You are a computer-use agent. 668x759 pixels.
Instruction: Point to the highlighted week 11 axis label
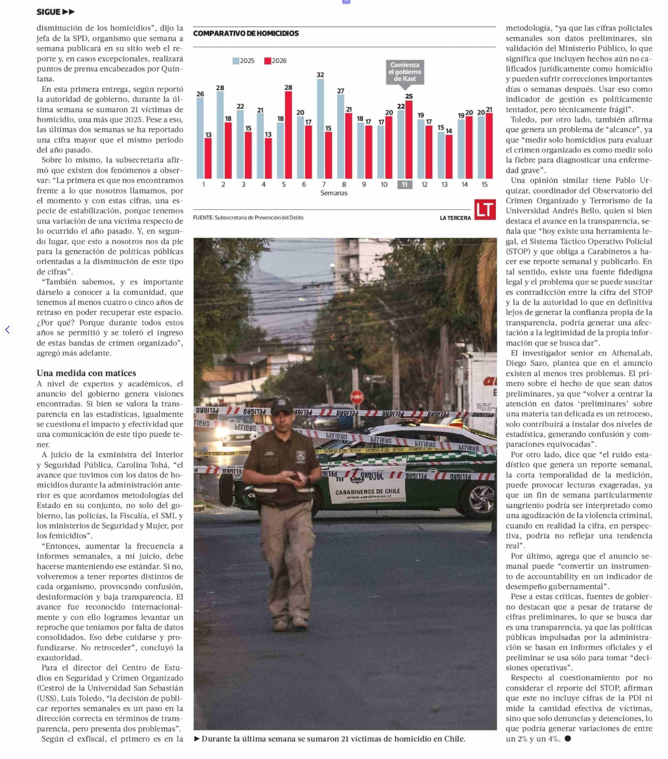(x=404, y=185)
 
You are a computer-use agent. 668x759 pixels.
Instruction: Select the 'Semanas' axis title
(x=334, y=193)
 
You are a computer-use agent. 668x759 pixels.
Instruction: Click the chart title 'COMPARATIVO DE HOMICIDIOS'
(x=246, y=33)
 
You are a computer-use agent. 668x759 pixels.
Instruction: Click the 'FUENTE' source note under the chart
(x=248, y=218)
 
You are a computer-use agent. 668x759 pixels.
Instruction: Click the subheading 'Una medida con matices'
(x=86, y=373)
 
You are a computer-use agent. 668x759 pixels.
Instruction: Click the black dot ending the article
(x=567, y=739)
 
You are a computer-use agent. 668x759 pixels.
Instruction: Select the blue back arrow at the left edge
(x=7, y=330)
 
